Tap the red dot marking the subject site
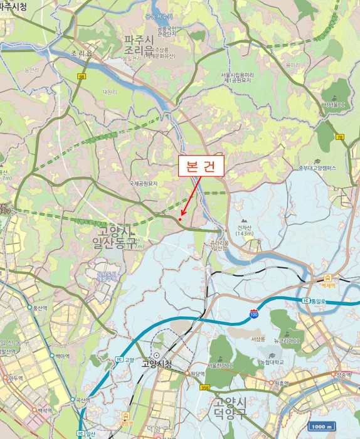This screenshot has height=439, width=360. point(181,219)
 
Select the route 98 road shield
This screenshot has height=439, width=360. point(82,77)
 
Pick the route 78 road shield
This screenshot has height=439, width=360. point(340,137)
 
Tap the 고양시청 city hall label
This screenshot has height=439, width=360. point(156,363)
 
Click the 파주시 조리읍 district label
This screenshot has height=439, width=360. point(148,45)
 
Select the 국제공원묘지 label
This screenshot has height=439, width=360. point(144,183)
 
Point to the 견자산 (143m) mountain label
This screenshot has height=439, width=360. point(244,230)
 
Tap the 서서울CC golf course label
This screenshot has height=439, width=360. point(334,104)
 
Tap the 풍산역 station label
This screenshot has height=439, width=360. point(40,308)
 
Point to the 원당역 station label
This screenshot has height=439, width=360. point(198,373)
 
